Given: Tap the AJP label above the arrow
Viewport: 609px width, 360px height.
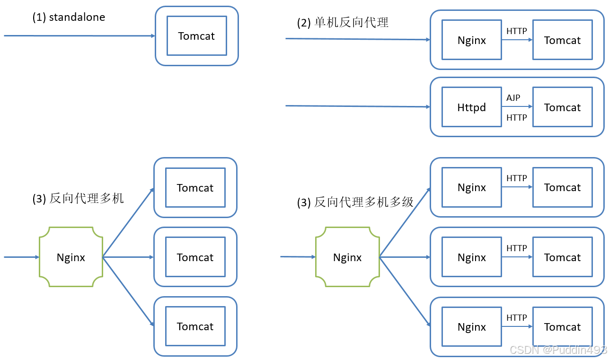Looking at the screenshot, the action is (x=513, y=97).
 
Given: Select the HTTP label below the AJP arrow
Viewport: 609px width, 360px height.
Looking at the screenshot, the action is (x=517, y=118).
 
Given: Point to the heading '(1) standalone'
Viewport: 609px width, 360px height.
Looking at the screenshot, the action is (x=69, y=17).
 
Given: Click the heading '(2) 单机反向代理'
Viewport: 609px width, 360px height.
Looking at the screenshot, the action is (x=343, y=22).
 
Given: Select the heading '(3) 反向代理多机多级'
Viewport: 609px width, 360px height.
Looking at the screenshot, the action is (x=355, y=202).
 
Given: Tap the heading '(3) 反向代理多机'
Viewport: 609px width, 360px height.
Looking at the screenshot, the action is (x=78, y=198).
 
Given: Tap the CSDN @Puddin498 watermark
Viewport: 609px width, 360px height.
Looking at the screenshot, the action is (x=558, y=350).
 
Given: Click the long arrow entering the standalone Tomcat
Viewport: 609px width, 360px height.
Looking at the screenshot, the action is (x=79, y=35).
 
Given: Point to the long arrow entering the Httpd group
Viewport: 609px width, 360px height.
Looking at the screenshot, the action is (x=358, y=106).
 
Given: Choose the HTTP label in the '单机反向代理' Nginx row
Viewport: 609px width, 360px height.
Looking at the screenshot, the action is (x=517, y=31).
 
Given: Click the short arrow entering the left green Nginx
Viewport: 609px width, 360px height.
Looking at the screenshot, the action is (x=21, y=257).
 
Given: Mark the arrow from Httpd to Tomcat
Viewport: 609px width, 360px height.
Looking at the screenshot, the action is (x=517, y=106).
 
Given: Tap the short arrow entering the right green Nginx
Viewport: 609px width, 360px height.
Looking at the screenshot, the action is (x=298, y=257).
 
